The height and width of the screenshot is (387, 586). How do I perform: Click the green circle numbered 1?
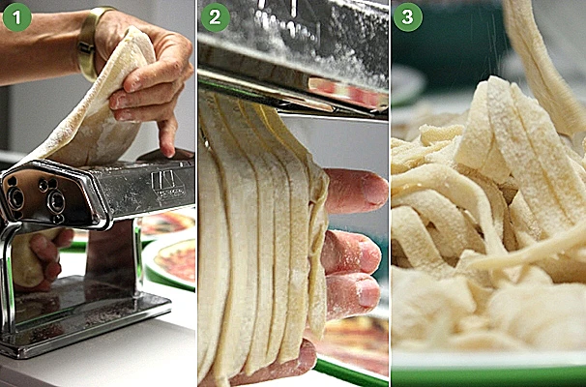[x=16, y=17]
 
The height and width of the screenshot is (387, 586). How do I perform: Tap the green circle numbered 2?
[x=216, y=17]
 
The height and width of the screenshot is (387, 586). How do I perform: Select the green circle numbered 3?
[x=408, y=17]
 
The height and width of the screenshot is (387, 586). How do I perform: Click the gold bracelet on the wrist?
[x=89, y=43]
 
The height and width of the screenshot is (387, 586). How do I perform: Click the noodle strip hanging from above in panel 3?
[x=542, y=64]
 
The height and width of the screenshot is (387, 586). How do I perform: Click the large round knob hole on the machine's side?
[x=55, y=201]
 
